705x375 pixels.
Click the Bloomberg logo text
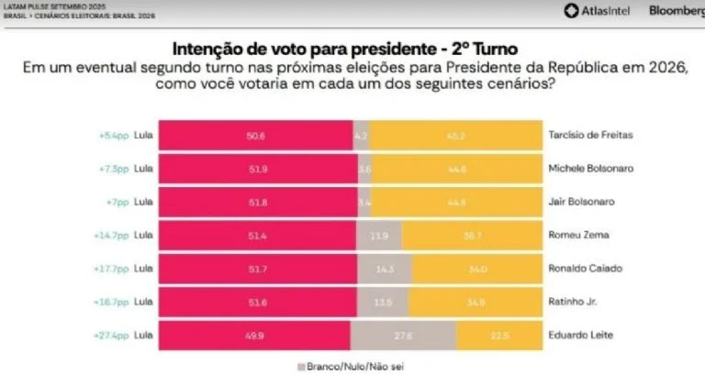pyautogui.click(x=676, y=11)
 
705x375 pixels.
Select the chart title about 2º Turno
pyautogui.click(x=352, y=49)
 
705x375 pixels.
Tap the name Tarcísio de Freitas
pyautogui.click(x=590, y=135)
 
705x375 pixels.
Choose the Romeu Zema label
pyautogui.click(x=576, y=235)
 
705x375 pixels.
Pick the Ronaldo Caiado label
pyautogui.click(x=582, y=268)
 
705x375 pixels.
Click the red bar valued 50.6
pyautogui.click(x=255, y=135)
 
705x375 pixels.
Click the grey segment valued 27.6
pyautogui.click(x=404, y=334)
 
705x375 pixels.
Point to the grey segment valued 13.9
pyautogui.click(x=378, y=235)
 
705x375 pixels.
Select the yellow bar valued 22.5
pyautogui.click(x=498, y=334)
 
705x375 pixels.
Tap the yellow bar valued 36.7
pyautogui.click(x=471, y=235)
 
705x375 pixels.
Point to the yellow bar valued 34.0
pyautogui.click(x=477, y=268)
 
